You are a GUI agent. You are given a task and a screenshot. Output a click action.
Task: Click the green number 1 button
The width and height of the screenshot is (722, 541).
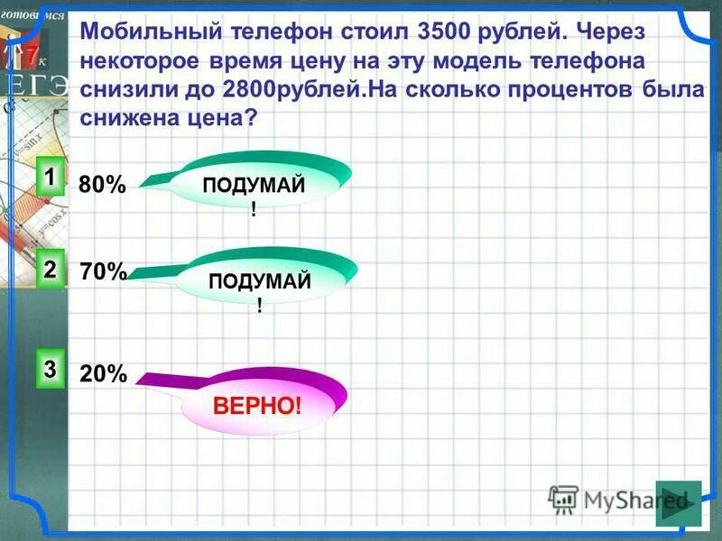coord(51,175)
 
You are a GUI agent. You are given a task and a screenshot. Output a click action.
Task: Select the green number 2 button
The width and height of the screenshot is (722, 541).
coord(51,269)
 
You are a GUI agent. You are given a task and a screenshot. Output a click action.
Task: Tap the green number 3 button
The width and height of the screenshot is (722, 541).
coord(51,369)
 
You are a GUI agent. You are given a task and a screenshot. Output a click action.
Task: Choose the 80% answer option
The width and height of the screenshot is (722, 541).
coord(102,185)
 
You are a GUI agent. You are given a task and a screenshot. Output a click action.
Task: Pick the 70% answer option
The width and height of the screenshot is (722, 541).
coord(103,271)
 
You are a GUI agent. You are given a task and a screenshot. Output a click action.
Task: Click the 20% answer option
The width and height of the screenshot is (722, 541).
coord(103,374)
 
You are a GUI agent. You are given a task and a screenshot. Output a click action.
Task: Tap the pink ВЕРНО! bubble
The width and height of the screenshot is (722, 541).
coord(257,405)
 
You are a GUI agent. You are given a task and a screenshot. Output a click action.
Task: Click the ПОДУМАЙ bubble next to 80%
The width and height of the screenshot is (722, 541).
coord(255,192)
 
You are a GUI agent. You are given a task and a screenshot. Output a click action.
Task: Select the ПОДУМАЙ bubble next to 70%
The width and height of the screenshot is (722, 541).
coord(260,289)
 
